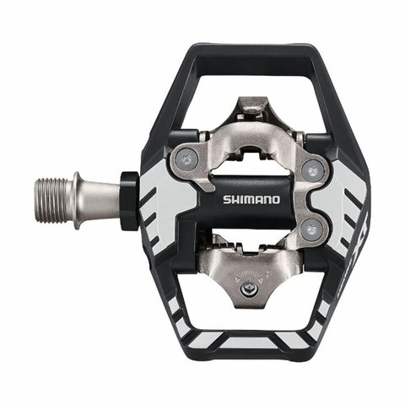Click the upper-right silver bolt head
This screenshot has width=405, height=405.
313,170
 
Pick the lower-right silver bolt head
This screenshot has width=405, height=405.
313,226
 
